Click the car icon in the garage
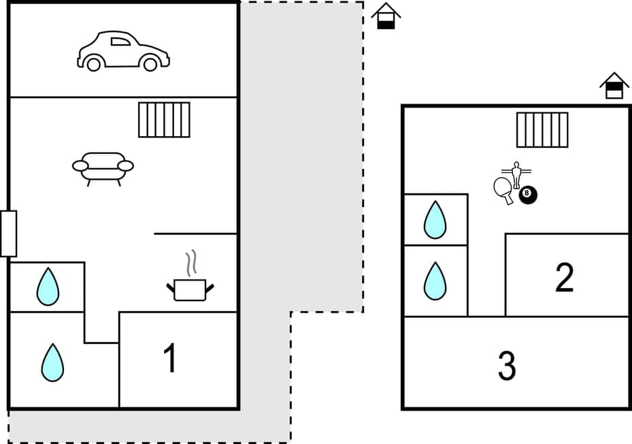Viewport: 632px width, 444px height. click(x=123, y=51)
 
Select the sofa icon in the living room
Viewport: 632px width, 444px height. click(x=103, y=168)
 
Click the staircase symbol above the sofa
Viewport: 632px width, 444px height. click(x=164, y=120)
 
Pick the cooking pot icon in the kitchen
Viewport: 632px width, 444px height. click(x=190, y=289)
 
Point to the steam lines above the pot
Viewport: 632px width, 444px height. click(x=193, y=261)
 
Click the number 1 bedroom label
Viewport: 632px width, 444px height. click(x=170, y=358)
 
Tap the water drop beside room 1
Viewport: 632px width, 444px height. click(x=52, y=362)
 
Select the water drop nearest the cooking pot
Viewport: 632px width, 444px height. click(x=48, y=287)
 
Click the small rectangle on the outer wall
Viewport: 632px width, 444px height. click(x=8, y=234)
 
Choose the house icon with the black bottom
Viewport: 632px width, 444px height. click(x=386, y=16)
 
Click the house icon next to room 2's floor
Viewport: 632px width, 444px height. click(x=614, y=86)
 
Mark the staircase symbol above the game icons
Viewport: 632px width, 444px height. click(x=542, y=130)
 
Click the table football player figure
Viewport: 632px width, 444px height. click(x=516, y=174)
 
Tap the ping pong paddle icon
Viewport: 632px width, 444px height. click(x=504, y=189)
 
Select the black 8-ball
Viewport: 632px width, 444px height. click(x=528, y=195)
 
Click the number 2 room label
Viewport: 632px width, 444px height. click(x=564, y=277)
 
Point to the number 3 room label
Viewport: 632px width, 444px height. click(x=506, y=366)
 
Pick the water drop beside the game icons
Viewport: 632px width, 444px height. click(x=435, y=220)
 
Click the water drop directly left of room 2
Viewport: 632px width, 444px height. click(x=435, y=281)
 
